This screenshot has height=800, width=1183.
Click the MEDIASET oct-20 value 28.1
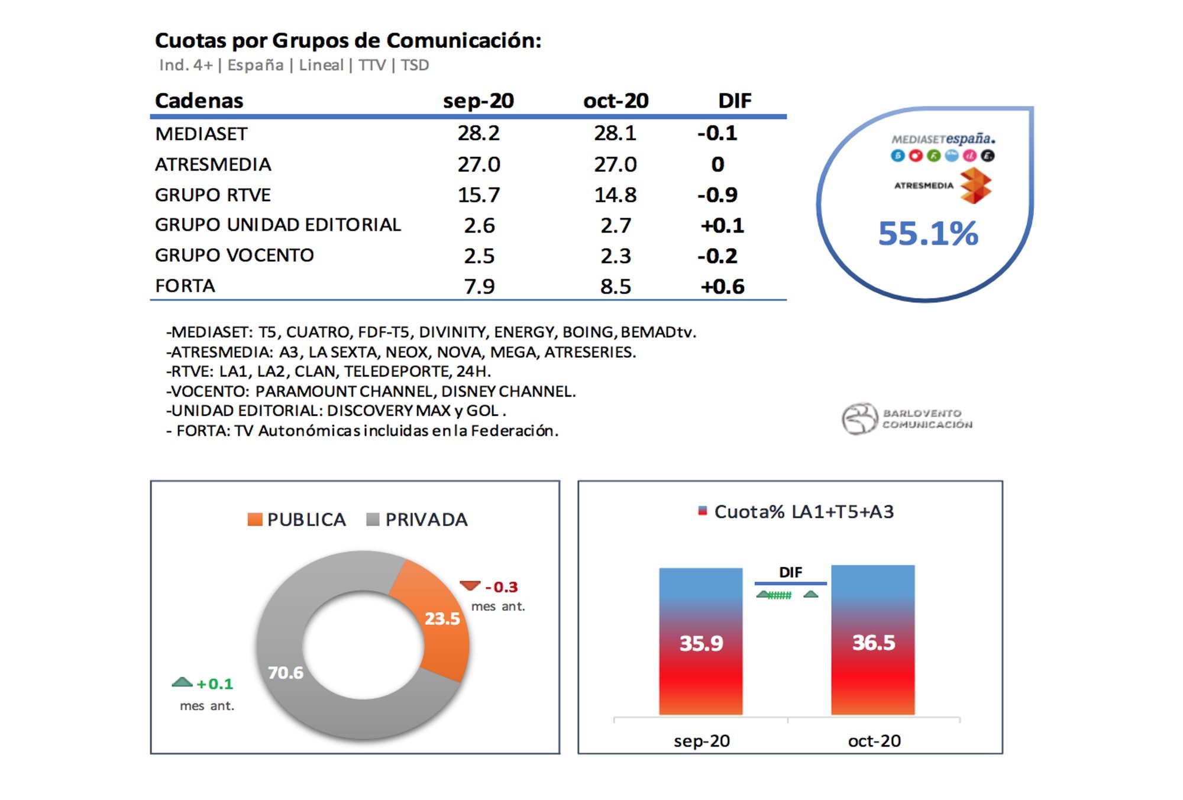(615, 133)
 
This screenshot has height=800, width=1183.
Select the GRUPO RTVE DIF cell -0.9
(717, 195)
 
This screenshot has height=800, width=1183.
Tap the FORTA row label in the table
(185, 286)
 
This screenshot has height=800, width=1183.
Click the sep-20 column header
(478, 101)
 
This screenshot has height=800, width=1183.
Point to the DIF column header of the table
(734, 101)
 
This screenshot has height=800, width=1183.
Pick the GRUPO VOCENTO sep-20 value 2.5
(479, 256)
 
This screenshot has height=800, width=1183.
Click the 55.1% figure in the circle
(927, 233)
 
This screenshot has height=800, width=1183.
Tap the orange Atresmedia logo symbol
(975, 185)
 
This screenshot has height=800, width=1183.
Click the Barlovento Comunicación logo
(906, 418)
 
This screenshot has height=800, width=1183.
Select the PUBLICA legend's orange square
(255, 520)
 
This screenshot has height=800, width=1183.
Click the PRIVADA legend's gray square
(373, 520)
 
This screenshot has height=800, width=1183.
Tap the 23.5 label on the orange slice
(442, 618)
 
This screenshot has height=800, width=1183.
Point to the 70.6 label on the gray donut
(285, 673)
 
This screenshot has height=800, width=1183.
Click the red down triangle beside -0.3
(470, 586)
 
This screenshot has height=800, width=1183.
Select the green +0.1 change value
(215, 684)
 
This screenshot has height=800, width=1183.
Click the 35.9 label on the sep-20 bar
(701, 643)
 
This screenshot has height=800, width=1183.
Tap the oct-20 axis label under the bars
(874, 741)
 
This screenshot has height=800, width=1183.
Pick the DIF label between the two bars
(790, 572)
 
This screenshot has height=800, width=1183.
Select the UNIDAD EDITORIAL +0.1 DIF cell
(722, 225)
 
